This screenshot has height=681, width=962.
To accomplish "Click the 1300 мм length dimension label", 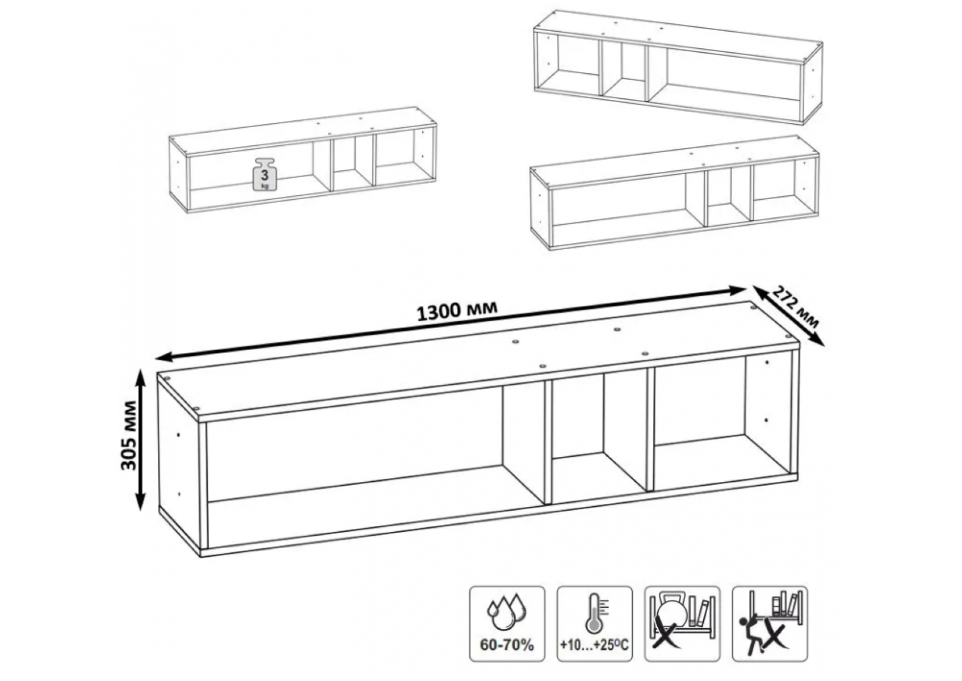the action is click(x=457, y=312).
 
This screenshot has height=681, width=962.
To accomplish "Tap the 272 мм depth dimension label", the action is click(x=796, y=308).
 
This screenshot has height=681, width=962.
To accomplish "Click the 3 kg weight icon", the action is click(x=264, y=174).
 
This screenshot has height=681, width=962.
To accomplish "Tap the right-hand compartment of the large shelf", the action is click(x=700, y=425).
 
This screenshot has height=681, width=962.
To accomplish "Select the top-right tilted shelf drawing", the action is click(x=678, y=68).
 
